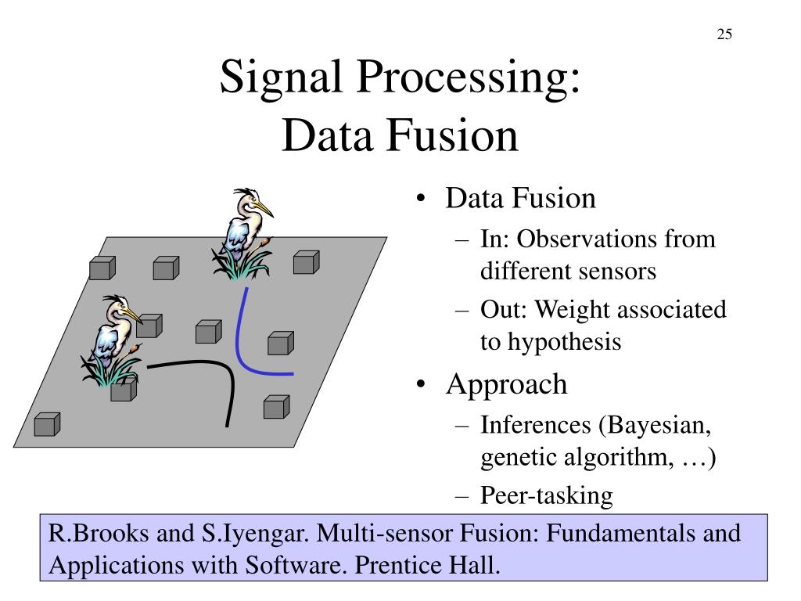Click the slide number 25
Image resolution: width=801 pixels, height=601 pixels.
(x=724, y=34)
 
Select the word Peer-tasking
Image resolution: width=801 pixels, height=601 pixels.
(x=547, y=495)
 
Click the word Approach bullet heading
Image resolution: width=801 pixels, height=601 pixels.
(x=506, y=384)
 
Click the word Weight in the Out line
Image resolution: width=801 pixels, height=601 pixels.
(x=564, y=310)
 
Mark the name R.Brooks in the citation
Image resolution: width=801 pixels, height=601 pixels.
(x=94, y=534)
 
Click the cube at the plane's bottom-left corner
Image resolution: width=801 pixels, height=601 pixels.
(x=47, y=424)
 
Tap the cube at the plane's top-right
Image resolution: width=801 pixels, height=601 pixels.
(x=305, y=262)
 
